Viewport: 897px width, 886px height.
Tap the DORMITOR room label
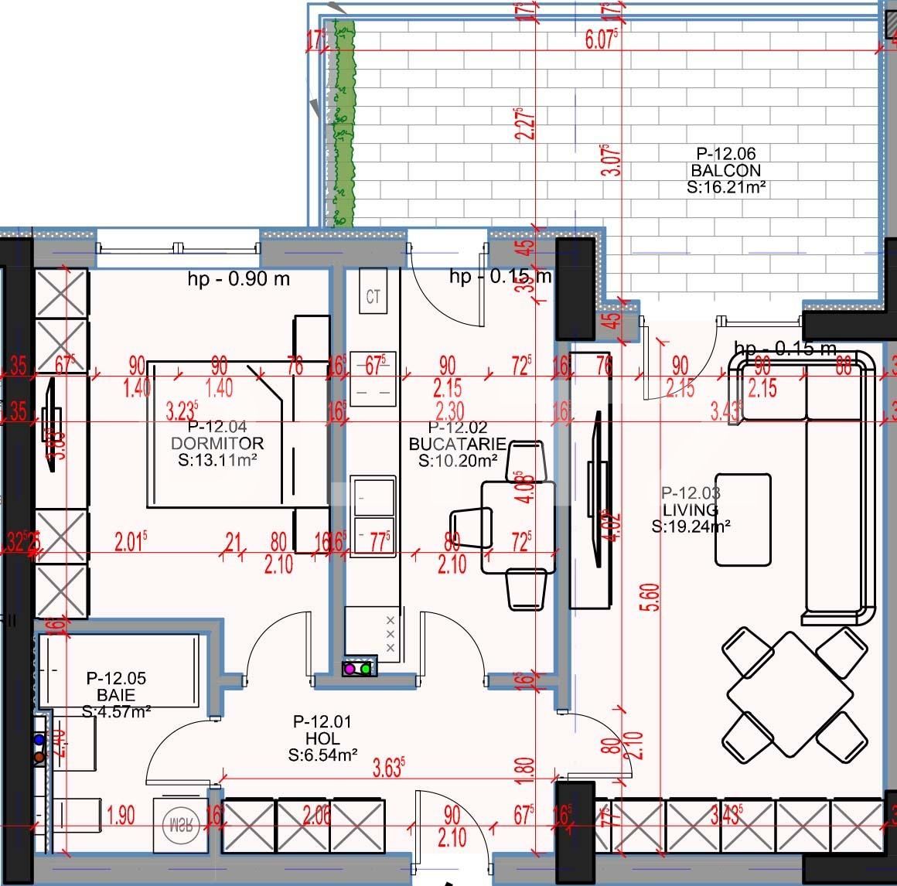(x=217, y=443)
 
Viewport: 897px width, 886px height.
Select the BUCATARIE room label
(x=457, y=444)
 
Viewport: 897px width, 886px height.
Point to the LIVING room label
(x=691, y=509)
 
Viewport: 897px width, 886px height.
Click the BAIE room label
(x=116, y=695)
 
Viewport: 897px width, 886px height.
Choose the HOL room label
(x=322, y=738)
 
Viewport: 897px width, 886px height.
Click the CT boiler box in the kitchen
(x=373, y=297)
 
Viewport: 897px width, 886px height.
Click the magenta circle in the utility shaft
(x=350, y=669)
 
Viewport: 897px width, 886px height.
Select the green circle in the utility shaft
(x=366, y=669)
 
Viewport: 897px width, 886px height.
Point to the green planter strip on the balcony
(x=343, y=124)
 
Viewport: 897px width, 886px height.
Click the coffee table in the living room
(x=742, y=520)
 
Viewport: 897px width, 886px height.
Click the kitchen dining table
(x=518, y=527)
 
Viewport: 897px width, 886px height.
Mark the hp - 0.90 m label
(x=238, y=279)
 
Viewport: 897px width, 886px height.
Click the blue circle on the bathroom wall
(x=39, y=741)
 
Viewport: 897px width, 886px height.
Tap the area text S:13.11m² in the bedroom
(x=217, y=460)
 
